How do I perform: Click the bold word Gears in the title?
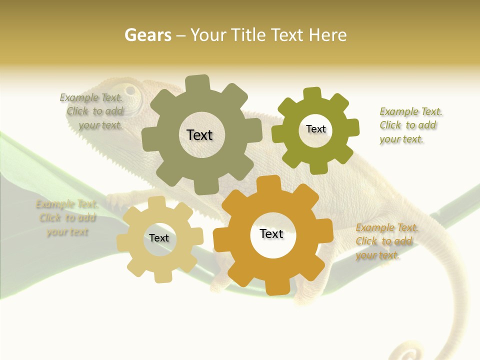[147, 35]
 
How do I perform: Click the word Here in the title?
[327, 35]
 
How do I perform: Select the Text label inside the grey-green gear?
[199, 135]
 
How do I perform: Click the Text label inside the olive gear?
[315, 129]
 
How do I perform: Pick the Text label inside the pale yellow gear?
[159, 238]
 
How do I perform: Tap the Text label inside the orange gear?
[271, 233]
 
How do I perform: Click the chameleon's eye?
[132, 91]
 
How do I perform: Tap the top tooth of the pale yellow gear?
[156, 202]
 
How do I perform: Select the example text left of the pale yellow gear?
[66, 218]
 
